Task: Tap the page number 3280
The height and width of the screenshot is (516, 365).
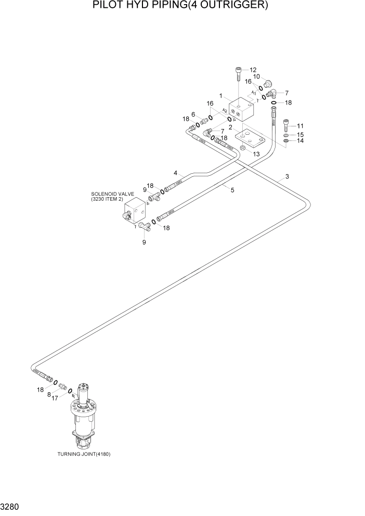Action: click(x=11, y=505)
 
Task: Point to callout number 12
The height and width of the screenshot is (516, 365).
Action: click(x=253, y=70)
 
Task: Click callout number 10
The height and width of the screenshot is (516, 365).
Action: click(x=256, y=76)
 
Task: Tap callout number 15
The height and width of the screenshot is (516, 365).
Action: click(x=300, y=135)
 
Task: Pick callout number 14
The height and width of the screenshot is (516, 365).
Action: click(x=300, y=141)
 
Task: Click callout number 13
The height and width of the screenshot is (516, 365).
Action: click(x=255, y=154)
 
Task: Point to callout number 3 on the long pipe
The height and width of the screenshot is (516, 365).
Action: click(x=286, y=177)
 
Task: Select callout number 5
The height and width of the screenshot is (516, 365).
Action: click(x=232, y=190)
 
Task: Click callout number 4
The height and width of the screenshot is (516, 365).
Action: click(x=176, y=173)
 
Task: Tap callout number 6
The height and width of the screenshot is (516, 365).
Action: click(x=193, y=114)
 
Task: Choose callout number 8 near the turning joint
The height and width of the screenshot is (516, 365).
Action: click(x=49, y=395)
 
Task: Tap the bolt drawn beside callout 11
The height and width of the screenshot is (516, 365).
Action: click(x=285, y=126)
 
